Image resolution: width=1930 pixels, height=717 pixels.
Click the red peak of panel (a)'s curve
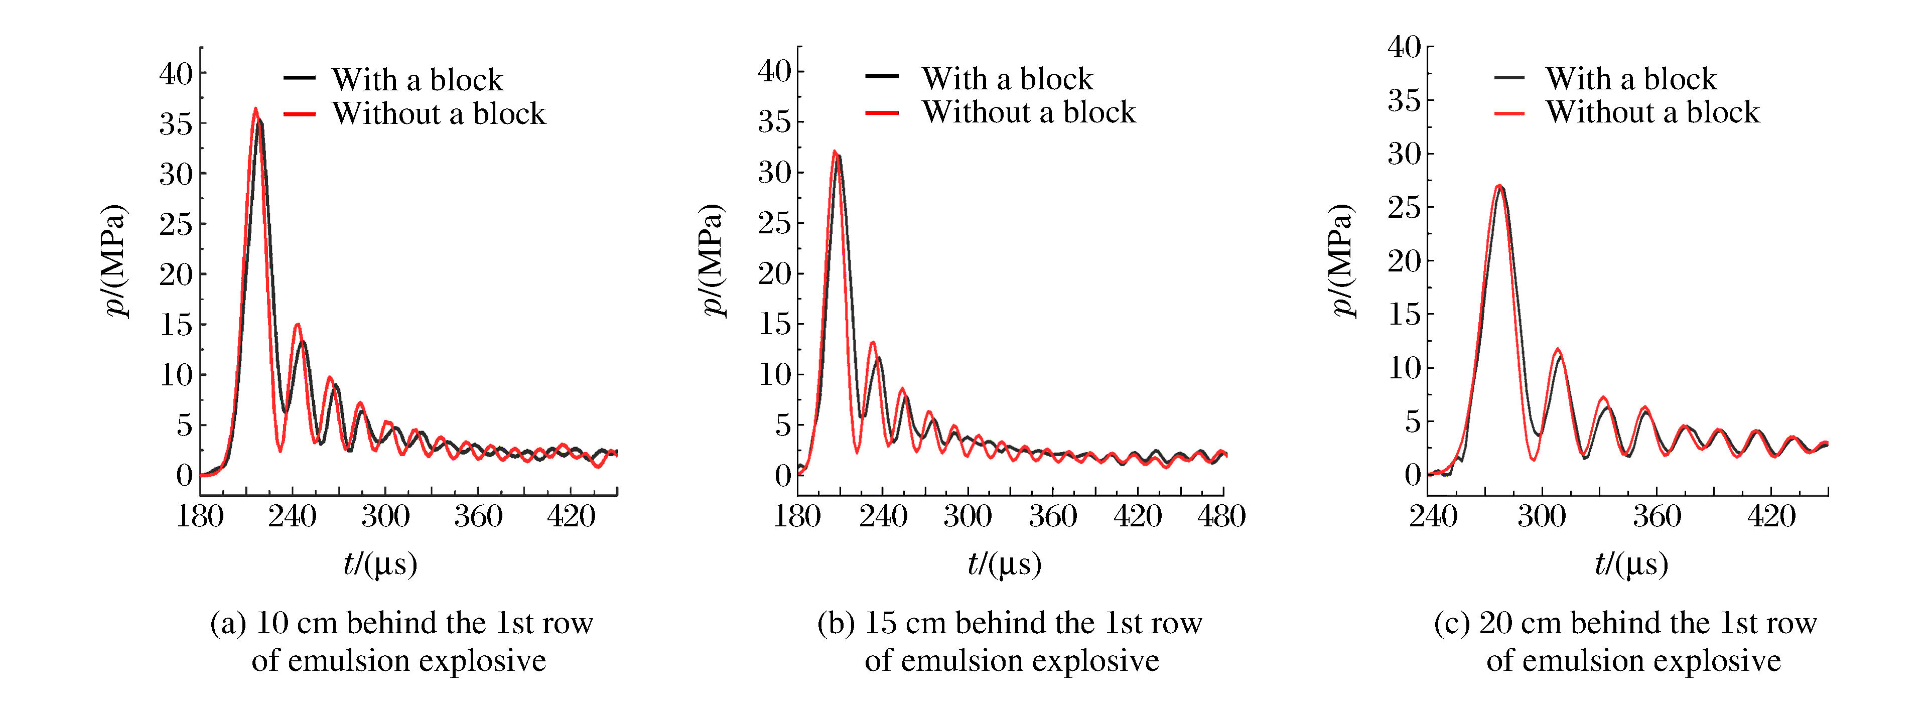point(255,109)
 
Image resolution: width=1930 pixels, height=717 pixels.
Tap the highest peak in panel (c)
point(1498,186)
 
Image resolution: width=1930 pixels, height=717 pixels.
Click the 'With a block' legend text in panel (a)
point(418,79)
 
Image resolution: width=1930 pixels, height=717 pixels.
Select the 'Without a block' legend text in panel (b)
point(1029,112)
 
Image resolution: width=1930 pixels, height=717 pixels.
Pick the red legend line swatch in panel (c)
point(1509,113)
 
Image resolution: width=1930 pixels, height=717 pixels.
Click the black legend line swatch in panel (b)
point(882,76)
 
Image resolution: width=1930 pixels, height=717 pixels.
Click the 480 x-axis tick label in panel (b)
point(1221,516)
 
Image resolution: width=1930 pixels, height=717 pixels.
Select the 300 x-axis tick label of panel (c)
point(1541,516)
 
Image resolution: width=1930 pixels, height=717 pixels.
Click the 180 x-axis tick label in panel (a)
point(200,516)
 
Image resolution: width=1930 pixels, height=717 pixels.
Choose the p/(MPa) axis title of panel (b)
point(713,259)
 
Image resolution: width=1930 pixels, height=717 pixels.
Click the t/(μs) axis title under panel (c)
point(1631,564)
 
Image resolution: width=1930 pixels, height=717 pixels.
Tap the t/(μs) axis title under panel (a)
point(380,564)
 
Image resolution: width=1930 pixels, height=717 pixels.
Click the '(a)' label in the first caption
point(228,623)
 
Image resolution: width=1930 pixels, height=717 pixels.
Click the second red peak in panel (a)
point(298,325)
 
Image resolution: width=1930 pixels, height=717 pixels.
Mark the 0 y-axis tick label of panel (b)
point(783,475)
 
